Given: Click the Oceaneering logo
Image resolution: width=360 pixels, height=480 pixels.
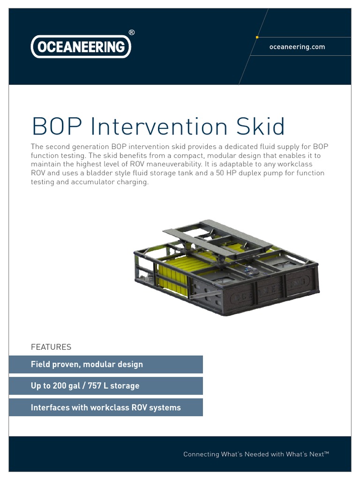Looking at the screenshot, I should point(81,47).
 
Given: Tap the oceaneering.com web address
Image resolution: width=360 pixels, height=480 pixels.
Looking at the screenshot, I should point(297,47).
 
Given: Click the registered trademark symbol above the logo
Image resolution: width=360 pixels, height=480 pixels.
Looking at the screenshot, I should point(131,32).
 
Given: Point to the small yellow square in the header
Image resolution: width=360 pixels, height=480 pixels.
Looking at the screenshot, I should point(257,37).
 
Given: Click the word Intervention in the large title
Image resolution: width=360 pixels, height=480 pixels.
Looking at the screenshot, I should point(158,127).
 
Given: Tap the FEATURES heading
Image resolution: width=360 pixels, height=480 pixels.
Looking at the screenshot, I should point(51,347).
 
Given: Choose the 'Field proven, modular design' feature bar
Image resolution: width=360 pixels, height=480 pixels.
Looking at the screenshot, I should point(105,364).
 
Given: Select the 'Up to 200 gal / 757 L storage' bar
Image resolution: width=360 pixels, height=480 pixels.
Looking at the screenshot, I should point(105,386).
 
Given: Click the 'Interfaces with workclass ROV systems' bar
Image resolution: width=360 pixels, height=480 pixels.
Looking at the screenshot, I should point(105,407).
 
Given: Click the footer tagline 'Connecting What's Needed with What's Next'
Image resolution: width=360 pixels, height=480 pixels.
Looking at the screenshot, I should point(256,454).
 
